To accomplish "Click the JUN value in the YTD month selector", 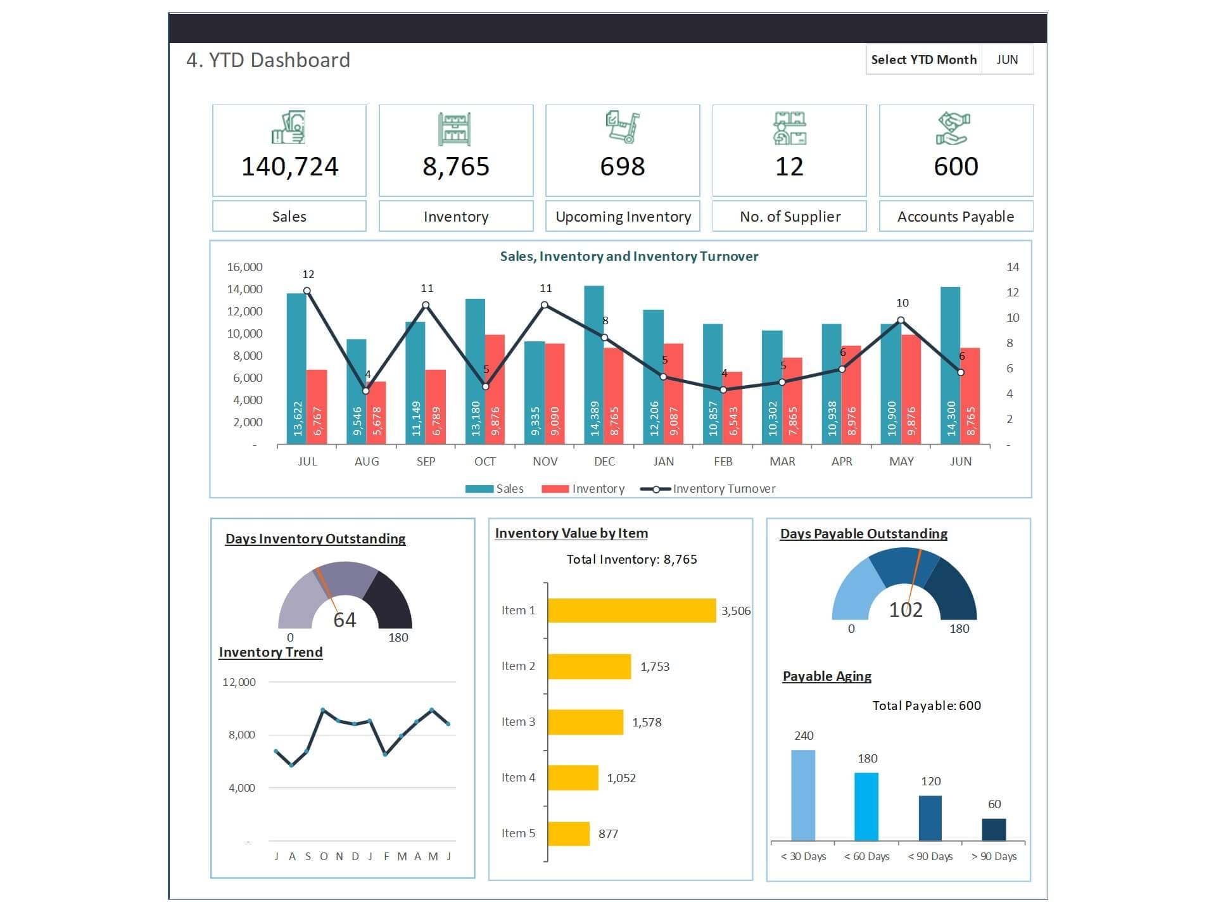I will click(x=1007, y=60).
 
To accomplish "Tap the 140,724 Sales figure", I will click(x=289, y=167).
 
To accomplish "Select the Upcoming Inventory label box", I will click(x=623, y=217).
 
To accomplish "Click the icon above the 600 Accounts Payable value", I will click(x=954, y=128).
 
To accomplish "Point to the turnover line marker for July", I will click(x=307, y=291).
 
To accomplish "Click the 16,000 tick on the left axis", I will click(x=244, y=267).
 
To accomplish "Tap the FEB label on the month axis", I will click(x=723, y=462).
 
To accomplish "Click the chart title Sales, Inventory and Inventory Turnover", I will click(x=629, y=256).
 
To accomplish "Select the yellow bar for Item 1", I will click(x=631, y=611).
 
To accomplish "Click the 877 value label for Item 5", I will click(x=608, y=834).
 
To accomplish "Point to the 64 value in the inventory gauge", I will click(x=345, y=619).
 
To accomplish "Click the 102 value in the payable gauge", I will click(x=906, y=610).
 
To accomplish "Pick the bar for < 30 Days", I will click(x=803, y=795).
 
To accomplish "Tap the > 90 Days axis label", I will click(x=994, y=857).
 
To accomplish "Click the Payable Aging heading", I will click(x=826, y=676).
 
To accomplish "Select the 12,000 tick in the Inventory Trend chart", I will click(x=239, y=682).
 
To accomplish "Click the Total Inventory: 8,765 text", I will click(x=631, y=559).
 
